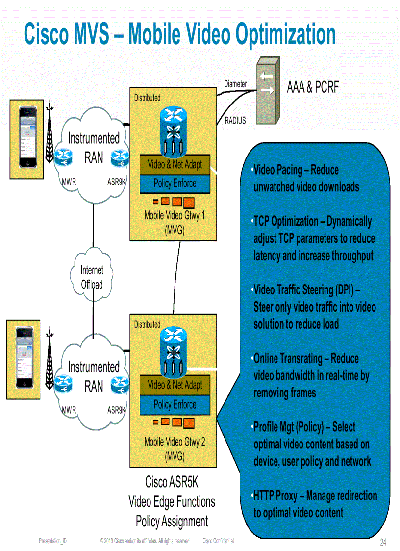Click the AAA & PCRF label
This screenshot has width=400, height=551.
[x=312, y=87]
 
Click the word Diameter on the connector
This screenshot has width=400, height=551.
[x=235, y=84]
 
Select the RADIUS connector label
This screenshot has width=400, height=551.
[x=235, y=120]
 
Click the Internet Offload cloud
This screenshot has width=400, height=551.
[x=92, y=277]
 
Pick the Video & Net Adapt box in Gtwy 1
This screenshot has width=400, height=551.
[x=175, y=164]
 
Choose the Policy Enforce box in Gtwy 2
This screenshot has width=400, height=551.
[x=175, y=405]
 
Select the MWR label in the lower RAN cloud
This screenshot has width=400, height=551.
[x=69, y=410]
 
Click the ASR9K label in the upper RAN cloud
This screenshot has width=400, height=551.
[x=117, y=182]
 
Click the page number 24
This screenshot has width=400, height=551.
[x=383, y=542]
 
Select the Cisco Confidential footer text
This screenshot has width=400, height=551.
[x=218, y=541]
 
